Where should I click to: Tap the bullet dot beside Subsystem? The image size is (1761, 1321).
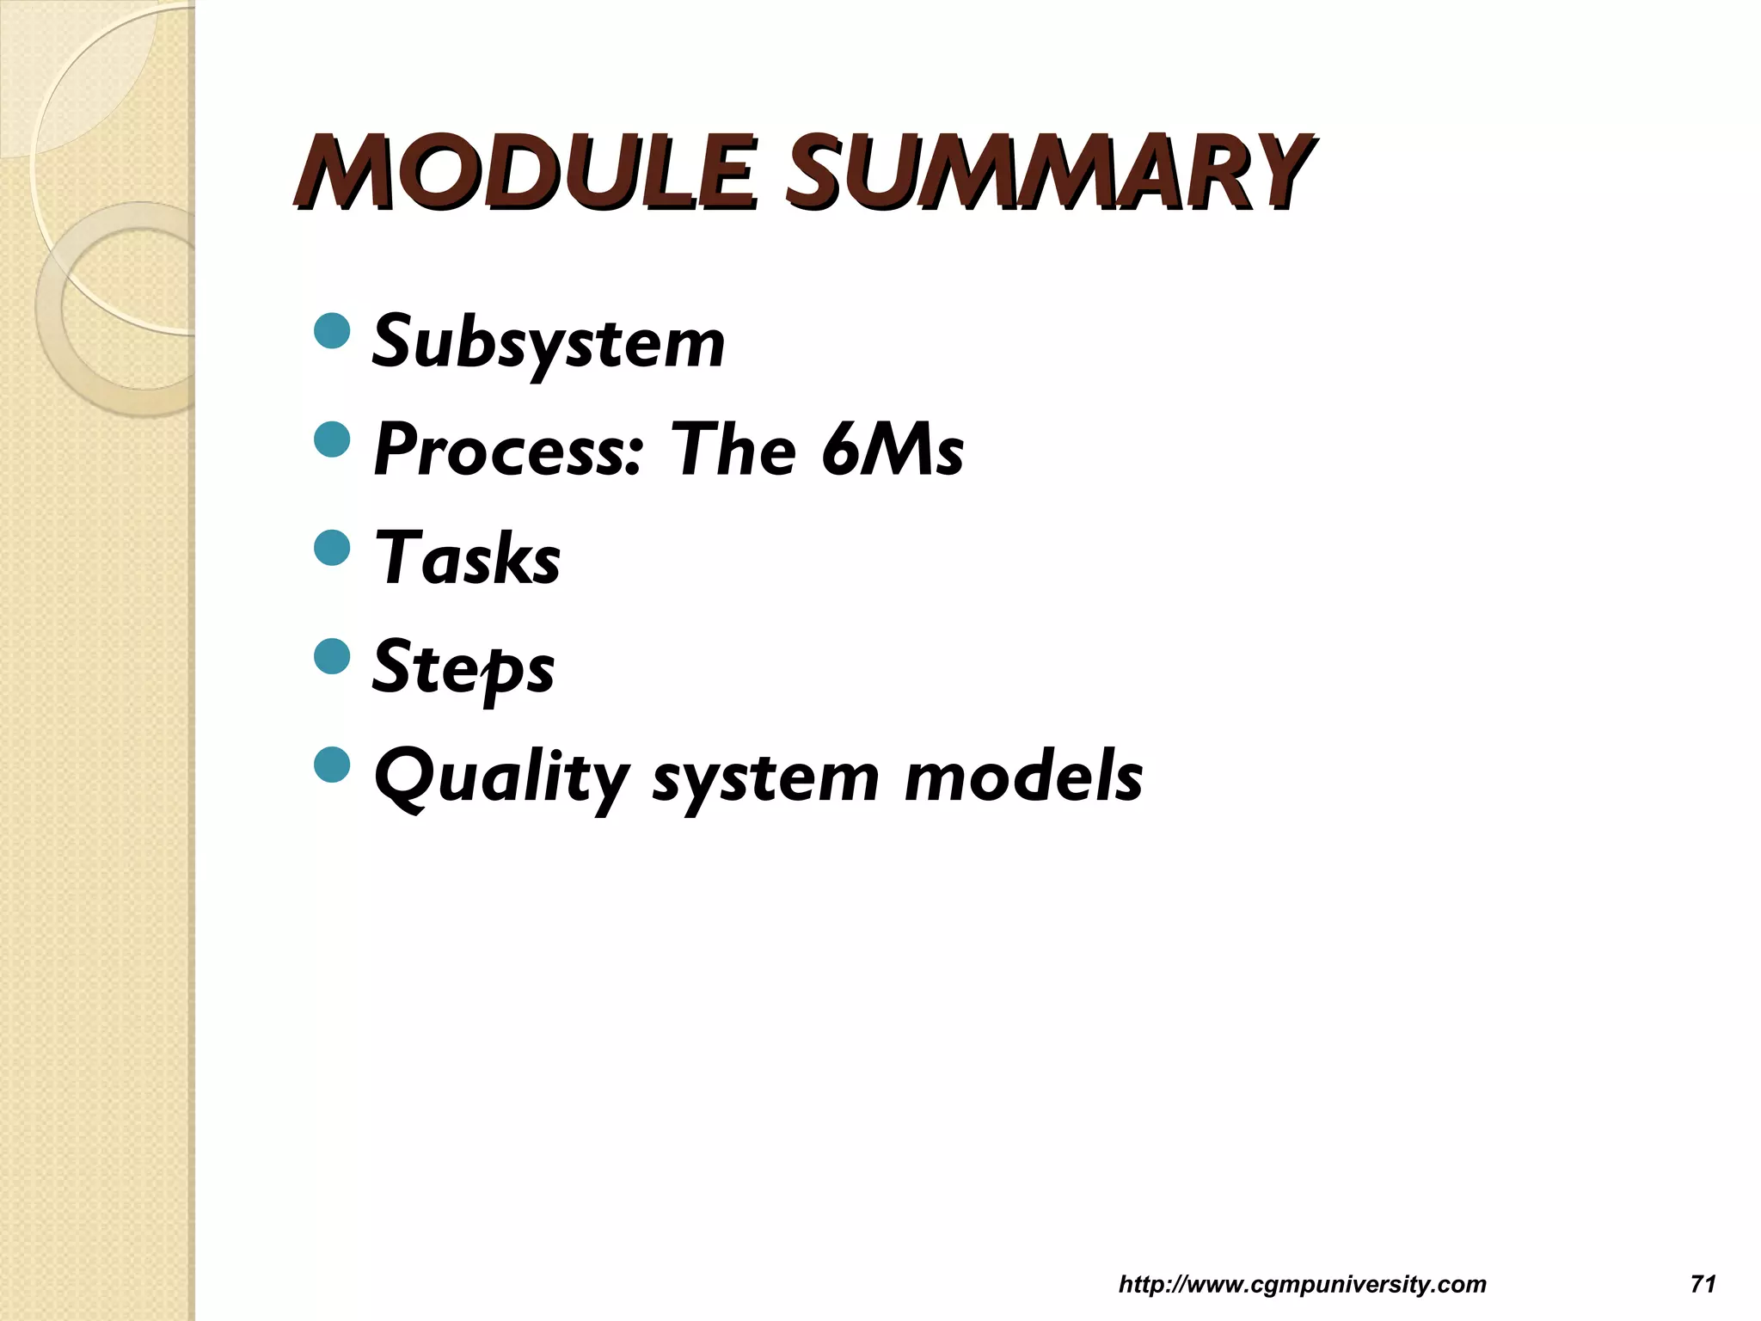[x=333, y=333]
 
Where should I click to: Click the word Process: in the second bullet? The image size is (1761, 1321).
[x=507, y=451]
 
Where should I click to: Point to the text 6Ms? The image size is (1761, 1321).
[x=892, y=451]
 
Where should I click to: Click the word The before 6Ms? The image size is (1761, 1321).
[x=735, y=451]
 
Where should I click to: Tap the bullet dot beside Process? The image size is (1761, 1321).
[x=333, y=441]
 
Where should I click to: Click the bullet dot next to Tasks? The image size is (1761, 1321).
[x=333, y=549]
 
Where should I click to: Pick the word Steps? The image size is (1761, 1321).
[x=463, y=669]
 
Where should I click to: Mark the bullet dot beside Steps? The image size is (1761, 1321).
[x=333, y=657]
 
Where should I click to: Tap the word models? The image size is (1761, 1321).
[x=1023, y=776]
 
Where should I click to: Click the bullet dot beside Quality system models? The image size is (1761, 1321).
[x=333, y=765]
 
